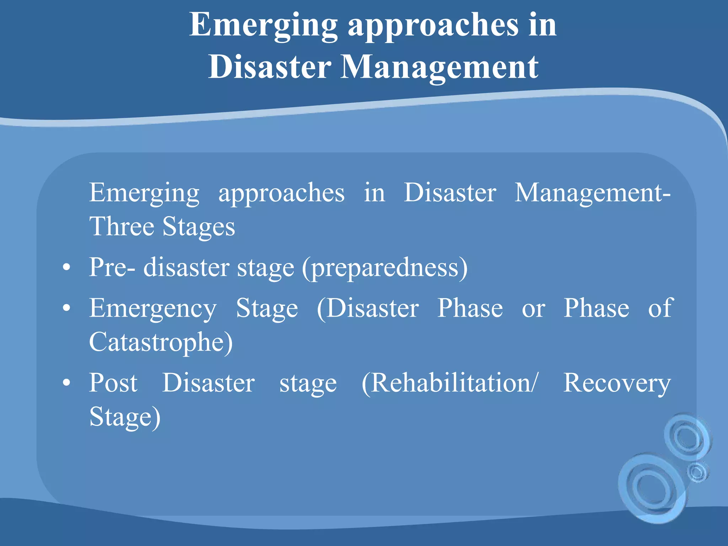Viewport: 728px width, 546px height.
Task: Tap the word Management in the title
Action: (x=439, y=68)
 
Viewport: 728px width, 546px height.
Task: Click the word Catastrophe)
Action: (x=161, y=342)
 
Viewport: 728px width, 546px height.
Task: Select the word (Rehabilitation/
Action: (x=450, y=383)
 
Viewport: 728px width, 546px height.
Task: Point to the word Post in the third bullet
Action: (x=113, y=383)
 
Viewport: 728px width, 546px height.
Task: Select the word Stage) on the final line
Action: (x=125, y=417)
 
